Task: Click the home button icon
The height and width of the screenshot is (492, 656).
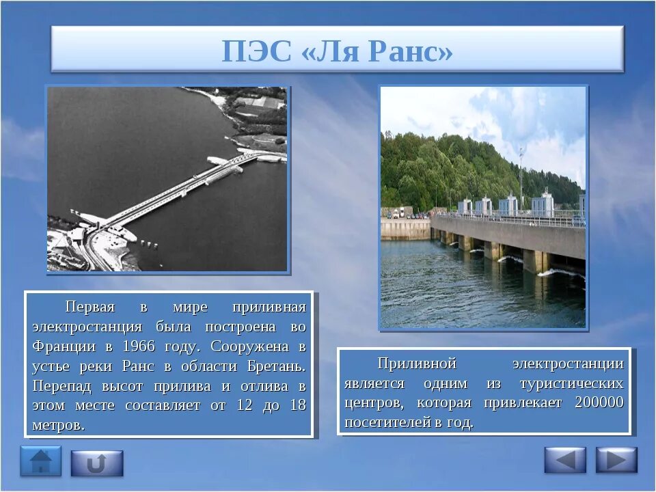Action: pos(40,461)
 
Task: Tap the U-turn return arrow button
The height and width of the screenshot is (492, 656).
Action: pos(97,463)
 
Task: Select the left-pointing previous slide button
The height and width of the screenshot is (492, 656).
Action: pos(565,460)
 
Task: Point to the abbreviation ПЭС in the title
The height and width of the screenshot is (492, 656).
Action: pos(256,51)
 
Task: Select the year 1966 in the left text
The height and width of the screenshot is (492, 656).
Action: pos(139,346)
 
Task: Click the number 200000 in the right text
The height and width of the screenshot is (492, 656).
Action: pos(599,402)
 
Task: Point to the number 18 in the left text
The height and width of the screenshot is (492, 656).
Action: pos(299,405)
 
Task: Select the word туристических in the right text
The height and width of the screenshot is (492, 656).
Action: pos(571,383)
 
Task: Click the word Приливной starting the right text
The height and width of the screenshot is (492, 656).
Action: pos(417,363)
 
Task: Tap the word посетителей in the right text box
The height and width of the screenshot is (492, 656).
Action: pos(387,422)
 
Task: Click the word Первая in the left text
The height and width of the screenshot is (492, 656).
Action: pos(90,307)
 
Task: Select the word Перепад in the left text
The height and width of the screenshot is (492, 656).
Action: pos(61,386)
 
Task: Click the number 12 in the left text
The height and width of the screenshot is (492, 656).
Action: pos(245,405)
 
